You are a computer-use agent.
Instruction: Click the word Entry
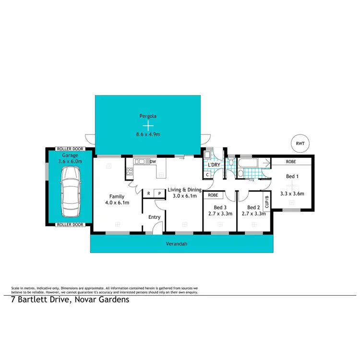[154, 217]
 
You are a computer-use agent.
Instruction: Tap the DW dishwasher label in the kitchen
[153, 162]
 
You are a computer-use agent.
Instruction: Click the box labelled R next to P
[149, 193]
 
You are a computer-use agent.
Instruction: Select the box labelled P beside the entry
[159, 193]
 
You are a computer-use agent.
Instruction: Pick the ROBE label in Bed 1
[291, 162]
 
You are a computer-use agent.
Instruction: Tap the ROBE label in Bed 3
[214, 195]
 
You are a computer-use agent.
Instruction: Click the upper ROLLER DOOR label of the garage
[70, 149]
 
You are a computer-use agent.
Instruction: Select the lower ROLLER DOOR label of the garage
[70, 224]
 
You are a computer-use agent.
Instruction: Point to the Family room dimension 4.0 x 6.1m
[117, 203]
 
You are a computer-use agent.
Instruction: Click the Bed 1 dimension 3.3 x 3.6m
[292, 193]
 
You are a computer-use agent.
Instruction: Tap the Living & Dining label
[184, 190]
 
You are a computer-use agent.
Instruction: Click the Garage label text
[70, 156]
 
